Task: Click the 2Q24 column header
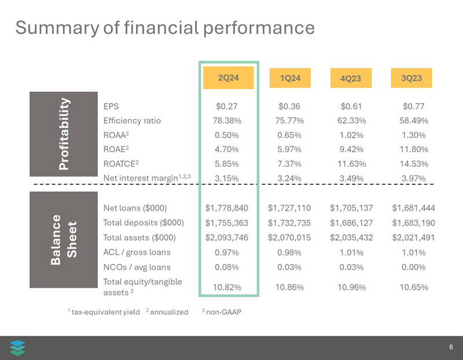point(228,78)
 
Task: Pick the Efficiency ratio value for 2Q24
point(227,121)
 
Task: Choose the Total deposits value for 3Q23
point(413,223)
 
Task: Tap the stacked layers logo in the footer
point(18,347)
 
